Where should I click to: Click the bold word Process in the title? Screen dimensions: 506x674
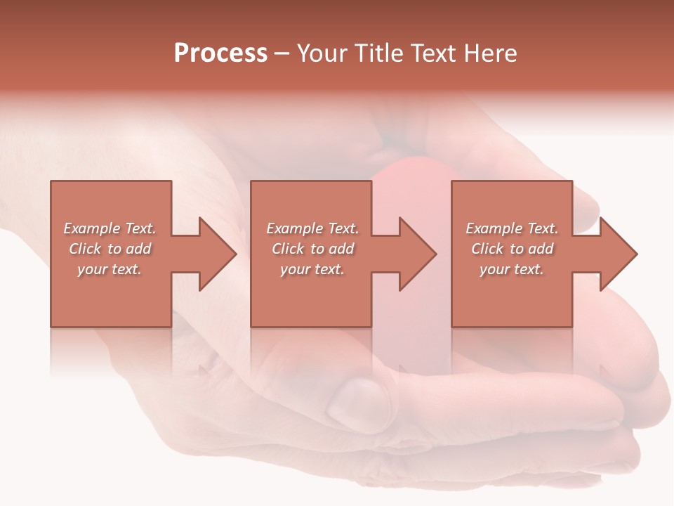[220, 53]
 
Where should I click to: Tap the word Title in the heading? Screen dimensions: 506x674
[380, 53]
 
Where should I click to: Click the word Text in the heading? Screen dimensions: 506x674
[435, 53]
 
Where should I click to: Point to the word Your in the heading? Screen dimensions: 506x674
[323, 53]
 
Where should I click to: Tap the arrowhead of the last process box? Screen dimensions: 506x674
[616, 254]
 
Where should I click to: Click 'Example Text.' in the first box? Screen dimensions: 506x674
[110, 228]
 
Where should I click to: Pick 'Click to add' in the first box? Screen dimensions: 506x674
[110, 249]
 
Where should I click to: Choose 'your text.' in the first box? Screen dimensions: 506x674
[110, 269]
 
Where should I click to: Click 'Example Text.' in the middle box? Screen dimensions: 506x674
[312, 228]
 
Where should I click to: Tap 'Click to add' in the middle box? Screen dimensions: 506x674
[312, 249]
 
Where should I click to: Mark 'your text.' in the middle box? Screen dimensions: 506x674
[312, 269]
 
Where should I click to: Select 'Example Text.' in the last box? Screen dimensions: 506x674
[512, 228]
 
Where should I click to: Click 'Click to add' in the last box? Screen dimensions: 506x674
[512, 249]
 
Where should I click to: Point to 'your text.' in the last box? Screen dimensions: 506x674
[512, 269]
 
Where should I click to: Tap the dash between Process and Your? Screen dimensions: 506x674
[282, 54]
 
